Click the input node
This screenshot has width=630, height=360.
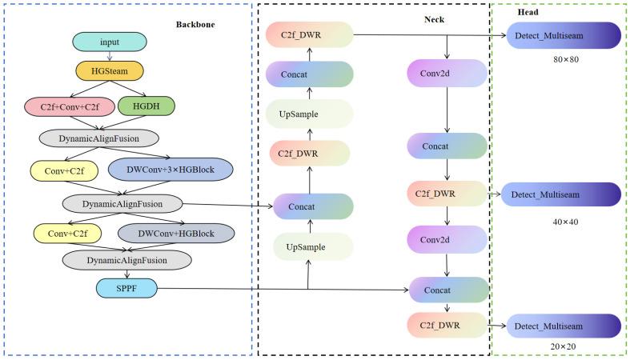(x=110, y=42)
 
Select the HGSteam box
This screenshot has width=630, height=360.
(x=110, y=71)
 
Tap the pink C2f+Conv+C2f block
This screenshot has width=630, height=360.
(x=70, y=106)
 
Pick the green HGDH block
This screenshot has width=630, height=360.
(x=146, y=106)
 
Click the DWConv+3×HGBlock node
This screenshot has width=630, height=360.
(x=171, y=170)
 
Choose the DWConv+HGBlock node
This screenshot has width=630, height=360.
(x=176, y=233)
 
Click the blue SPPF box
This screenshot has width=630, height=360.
(x=126, y=288)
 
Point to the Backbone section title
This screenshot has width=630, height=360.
(x=195, y=25)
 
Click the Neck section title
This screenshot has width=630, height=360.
(x=435, y=19)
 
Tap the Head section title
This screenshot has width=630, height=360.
(x=528, y=12)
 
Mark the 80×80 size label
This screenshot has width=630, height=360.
(x=566, y=59)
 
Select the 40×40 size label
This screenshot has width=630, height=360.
(x=565, y=222)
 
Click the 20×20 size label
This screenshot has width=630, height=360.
(x=563, y=346)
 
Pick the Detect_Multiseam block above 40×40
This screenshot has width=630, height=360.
(x=561, y=194)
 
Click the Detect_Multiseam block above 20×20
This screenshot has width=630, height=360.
(x=564, y=326)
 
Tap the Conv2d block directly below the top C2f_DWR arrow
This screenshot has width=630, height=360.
(x=447, y=73)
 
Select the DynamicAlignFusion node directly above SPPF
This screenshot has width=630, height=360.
(x=126, y=260)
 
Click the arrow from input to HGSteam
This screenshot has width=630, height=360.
(x=110, y=56)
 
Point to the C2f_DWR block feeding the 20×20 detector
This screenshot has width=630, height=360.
(x=447, y=325)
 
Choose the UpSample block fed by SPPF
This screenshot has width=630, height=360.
(x=313, y=247)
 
